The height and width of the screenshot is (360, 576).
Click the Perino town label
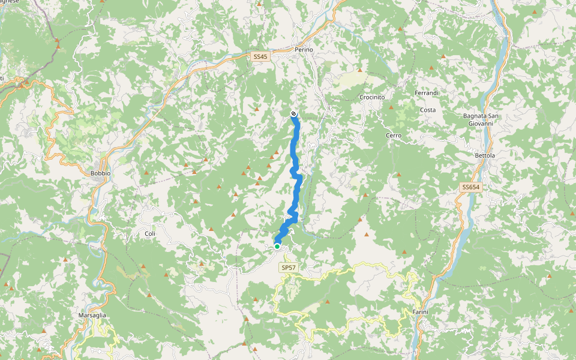(304, 49)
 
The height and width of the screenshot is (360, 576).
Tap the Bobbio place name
(101, 173)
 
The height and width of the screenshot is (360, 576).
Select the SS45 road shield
(260, 56)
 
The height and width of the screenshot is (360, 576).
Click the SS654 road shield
(471, 188)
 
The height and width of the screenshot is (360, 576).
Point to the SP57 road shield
(289, 268)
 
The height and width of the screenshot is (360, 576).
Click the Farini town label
(420, 312)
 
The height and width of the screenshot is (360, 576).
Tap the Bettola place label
(485, 156)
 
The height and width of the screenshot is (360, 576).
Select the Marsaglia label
(92, 315)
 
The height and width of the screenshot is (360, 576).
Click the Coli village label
(150, 233)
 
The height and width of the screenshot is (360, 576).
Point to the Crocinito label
(372, 97)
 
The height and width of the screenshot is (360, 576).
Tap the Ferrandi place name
(427, 93)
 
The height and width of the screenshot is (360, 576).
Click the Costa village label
(428, 110)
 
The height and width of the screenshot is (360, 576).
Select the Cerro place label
(394, 136)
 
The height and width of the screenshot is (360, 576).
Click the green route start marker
(277, 246)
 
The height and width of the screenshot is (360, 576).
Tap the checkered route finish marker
(293, 114)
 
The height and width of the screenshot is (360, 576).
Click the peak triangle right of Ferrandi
(443, 56)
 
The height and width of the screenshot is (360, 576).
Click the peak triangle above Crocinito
(360, 70)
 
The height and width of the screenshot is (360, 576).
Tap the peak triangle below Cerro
(398, 175)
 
